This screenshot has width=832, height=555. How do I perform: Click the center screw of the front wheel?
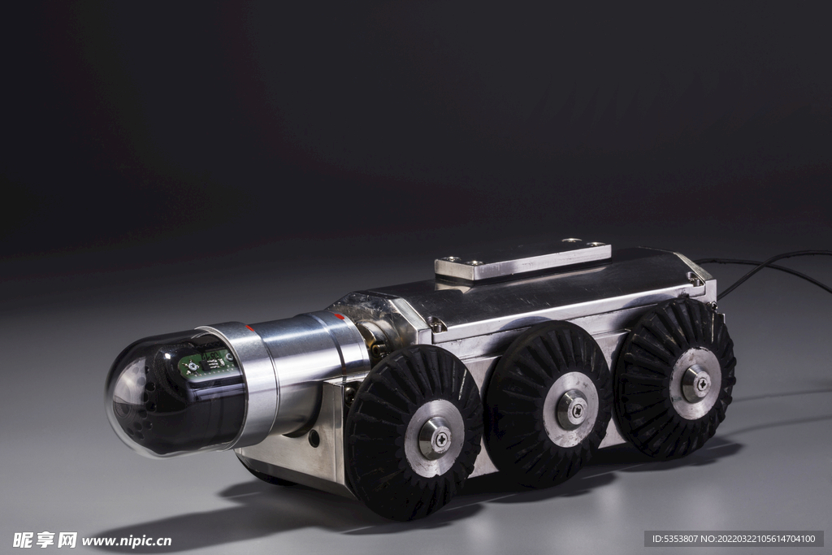441,439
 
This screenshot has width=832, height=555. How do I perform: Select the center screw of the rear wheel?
702,382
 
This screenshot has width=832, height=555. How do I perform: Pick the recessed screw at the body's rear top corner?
695,279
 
